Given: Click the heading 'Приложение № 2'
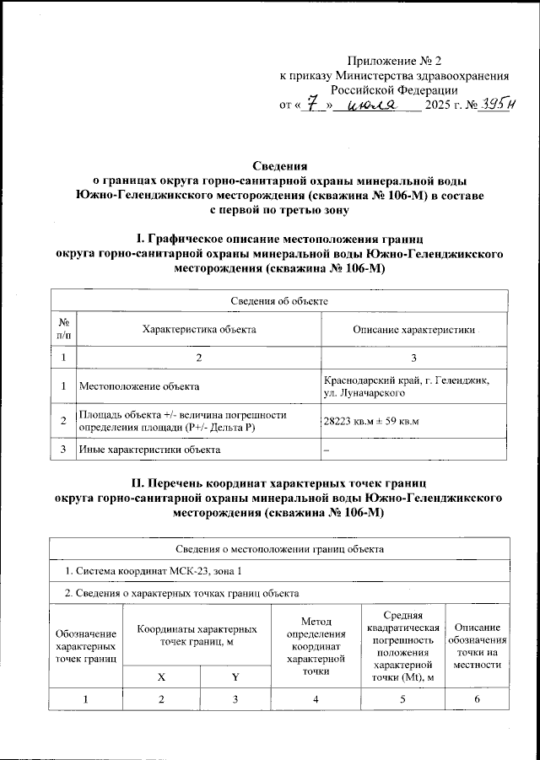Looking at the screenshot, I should [x=394, y=61].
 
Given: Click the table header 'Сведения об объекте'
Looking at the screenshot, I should [x=279, y=300].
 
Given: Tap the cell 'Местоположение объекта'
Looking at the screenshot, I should [x=139, y=387].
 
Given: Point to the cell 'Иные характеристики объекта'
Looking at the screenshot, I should [x=149, y=449].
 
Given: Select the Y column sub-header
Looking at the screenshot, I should [x=235, y=675].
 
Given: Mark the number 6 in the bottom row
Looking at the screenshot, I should [x=477, y=703].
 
